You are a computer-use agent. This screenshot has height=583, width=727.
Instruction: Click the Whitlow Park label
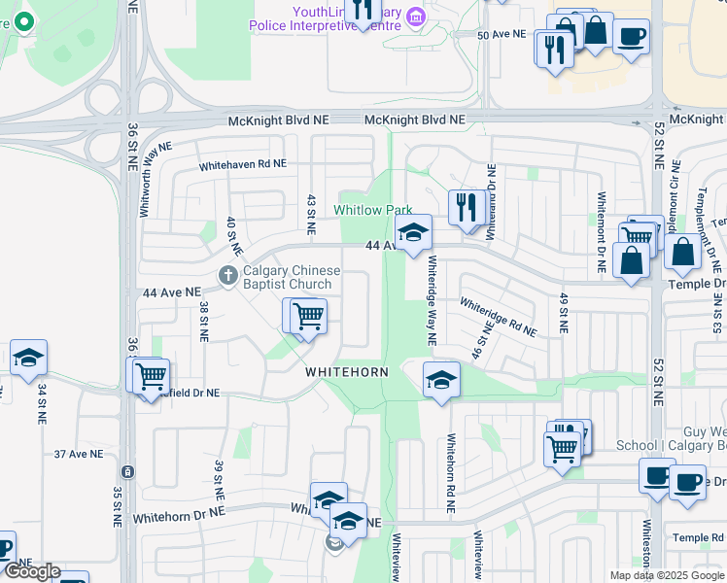pyautogui.click(x=373, y=210)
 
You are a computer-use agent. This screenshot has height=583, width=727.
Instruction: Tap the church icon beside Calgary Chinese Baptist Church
pyautogui.click(x=228, y=276)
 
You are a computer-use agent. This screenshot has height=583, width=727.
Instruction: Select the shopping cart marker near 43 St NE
pyautogui.click(x=307, y=316)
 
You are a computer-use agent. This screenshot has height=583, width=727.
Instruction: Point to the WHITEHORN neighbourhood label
pyautogui.click(x=347, y=372)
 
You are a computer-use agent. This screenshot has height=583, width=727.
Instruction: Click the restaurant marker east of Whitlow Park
pyautogui.click(x=467, y=208)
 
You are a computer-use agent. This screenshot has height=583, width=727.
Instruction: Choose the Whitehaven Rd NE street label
pyautogui.click(x=243, y=166)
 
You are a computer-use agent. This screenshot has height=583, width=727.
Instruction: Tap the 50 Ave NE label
pyautogui.click(x=502, y=34)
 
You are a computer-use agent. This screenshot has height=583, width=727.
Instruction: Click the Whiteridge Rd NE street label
pyautogui.click(x=498, y=317)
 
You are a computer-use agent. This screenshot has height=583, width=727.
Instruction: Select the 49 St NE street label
pyautogui.click(x=563, y=313)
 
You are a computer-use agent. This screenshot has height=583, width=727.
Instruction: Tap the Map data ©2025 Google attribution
pyautogui.click(x=666, y=575)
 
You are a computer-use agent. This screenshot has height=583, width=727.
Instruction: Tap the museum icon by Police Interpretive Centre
pyautogui.click(x=416, y=17)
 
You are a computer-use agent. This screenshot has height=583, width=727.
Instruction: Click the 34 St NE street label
pyautogui.click(x=42, y=404)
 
